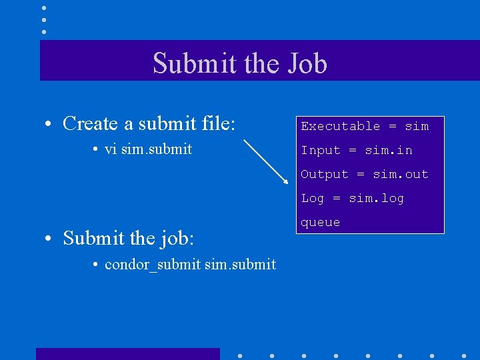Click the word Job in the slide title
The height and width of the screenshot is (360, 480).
coord(307,64)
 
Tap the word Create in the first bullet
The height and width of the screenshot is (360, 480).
coord(90,123)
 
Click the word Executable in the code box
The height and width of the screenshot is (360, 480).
coord(340,126)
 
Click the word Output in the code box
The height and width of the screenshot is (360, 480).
coord(324,174)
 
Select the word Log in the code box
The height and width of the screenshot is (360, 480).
coord(312,198)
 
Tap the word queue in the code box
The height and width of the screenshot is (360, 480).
coord(320,222)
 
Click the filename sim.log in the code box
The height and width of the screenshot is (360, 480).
coord(376,198)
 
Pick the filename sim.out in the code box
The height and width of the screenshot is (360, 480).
coord(400,174)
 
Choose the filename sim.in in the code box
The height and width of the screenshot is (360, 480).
coord(388,150)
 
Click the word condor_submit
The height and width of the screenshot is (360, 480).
coord(152,265)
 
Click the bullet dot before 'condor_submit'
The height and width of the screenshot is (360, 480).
coord(97,265)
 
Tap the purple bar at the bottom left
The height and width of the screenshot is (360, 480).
coord(127,353)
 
